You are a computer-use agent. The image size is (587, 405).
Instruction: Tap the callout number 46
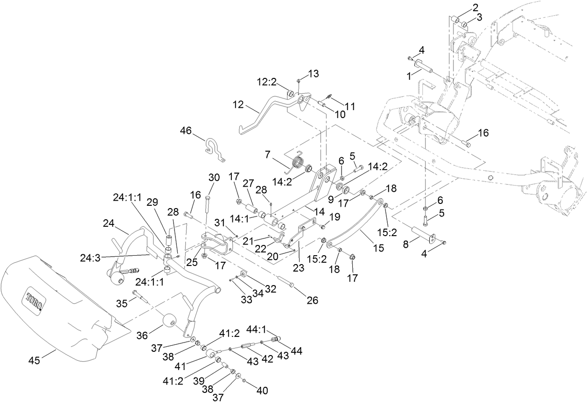point(187,132)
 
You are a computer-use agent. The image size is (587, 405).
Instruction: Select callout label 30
point(214,177)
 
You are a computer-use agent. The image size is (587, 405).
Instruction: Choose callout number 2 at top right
point(475,7)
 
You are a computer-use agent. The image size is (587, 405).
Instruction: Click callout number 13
point(314,74)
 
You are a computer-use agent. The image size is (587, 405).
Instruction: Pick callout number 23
point(298,268)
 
